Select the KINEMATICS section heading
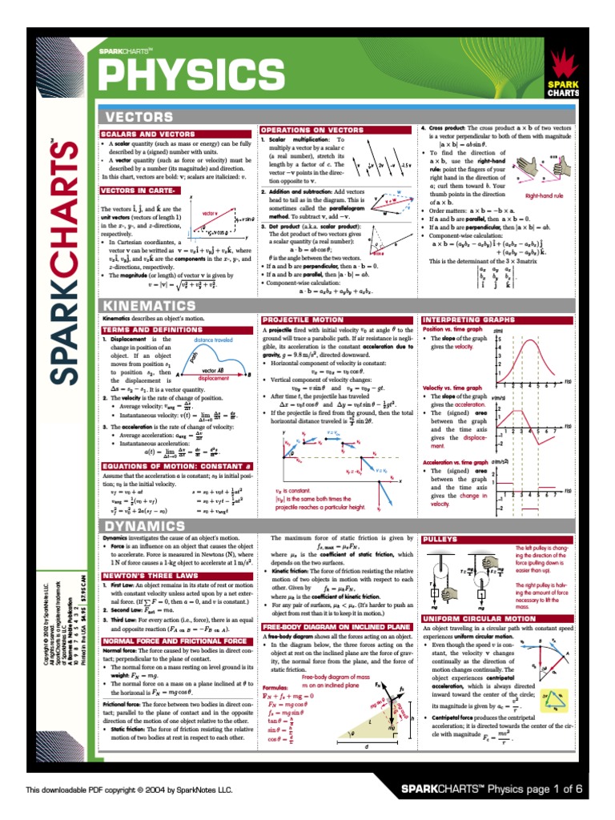[x=150, y=305]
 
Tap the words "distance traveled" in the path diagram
[x=213, y=340]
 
